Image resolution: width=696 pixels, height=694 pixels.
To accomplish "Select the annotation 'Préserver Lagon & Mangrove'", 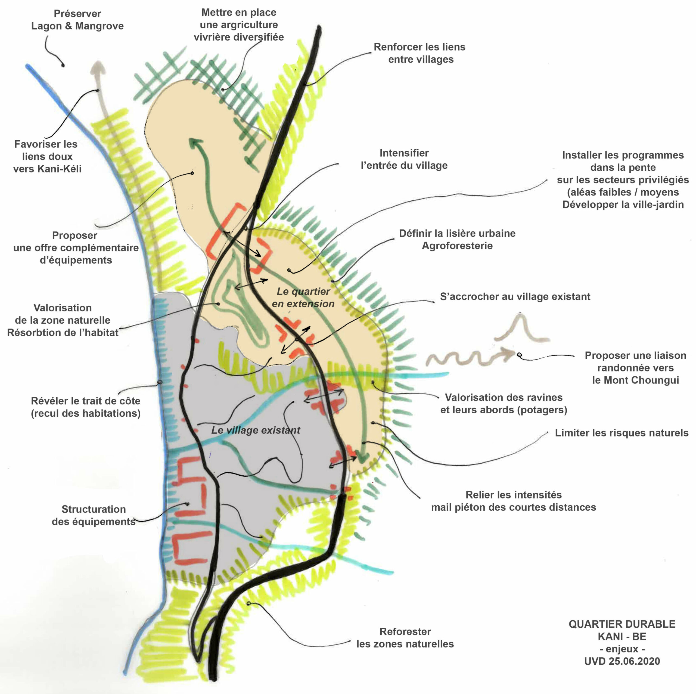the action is coord(77,20).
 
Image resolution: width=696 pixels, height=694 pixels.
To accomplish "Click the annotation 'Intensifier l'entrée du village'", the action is coord(404,159).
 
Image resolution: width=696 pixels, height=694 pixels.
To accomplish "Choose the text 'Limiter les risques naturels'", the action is coord(622,433).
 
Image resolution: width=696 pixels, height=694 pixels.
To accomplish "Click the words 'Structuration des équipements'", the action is coord(94,515).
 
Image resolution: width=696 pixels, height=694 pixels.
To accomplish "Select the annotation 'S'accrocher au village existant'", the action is coord(515,296).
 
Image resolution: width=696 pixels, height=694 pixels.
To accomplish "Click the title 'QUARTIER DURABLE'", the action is coord(622,624).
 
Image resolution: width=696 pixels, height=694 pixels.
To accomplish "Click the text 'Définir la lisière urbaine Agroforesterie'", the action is coord(457,239).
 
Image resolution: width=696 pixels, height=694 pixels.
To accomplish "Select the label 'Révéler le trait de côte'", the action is coord(86,401).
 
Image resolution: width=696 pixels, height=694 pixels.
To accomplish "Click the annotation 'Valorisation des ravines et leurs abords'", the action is coord(504,404).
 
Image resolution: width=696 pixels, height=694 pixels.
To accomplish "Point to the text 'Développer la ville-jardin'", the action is coord(623,204).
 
